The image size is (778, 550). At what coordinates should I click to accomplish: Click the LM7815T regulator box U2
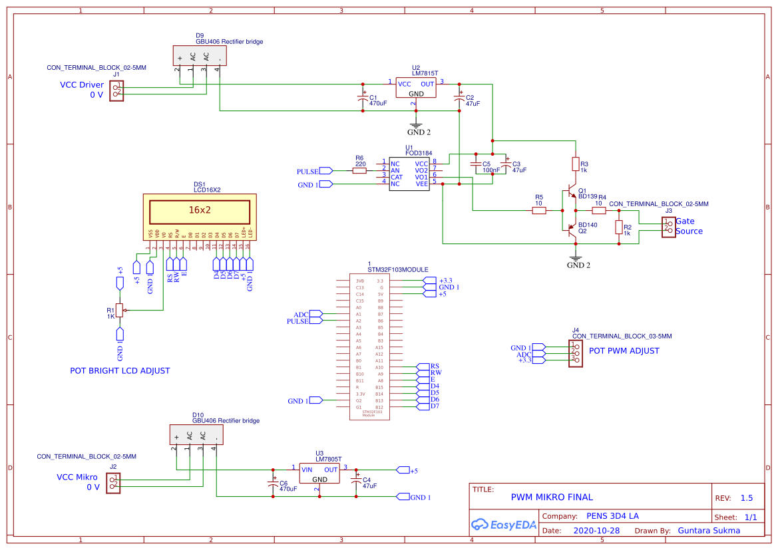[x=416, y=88]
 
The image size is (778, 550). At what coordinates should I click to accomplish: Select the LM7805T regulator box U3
[x=319, y=474]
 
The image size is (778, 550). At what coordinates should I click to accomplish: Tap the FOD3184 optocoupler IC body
[x=409, y=174]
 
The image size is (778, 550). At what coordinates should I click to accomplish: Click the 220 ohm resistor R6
[x=359, y=171]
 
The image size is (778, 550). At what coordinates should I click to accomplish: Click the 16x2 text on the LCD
[x=200, y=209]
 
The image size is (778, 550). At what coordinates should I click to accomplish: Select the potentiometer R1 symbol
[x=120, y=310]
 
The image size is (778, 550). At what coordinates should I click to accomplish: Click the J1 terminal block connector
[x=117, y=90]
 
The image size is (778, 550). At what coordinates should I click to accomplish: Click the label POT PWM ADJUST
[x=624, y=351]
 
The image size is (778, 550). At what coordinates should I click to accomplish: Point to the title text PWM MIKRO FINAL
[x=551, y=497]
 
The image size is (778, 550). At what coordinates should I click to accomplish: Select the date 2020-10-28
[x=597, y=531]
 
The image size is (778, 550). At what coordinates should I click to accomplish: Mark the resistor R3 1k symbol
[x=576, y=164]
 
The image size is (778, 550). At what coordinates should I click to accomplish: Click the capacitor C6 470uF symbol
[x=272, y=483]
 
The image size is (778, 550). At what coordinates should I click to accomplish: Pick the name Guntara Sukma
[x=708, y=531]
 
